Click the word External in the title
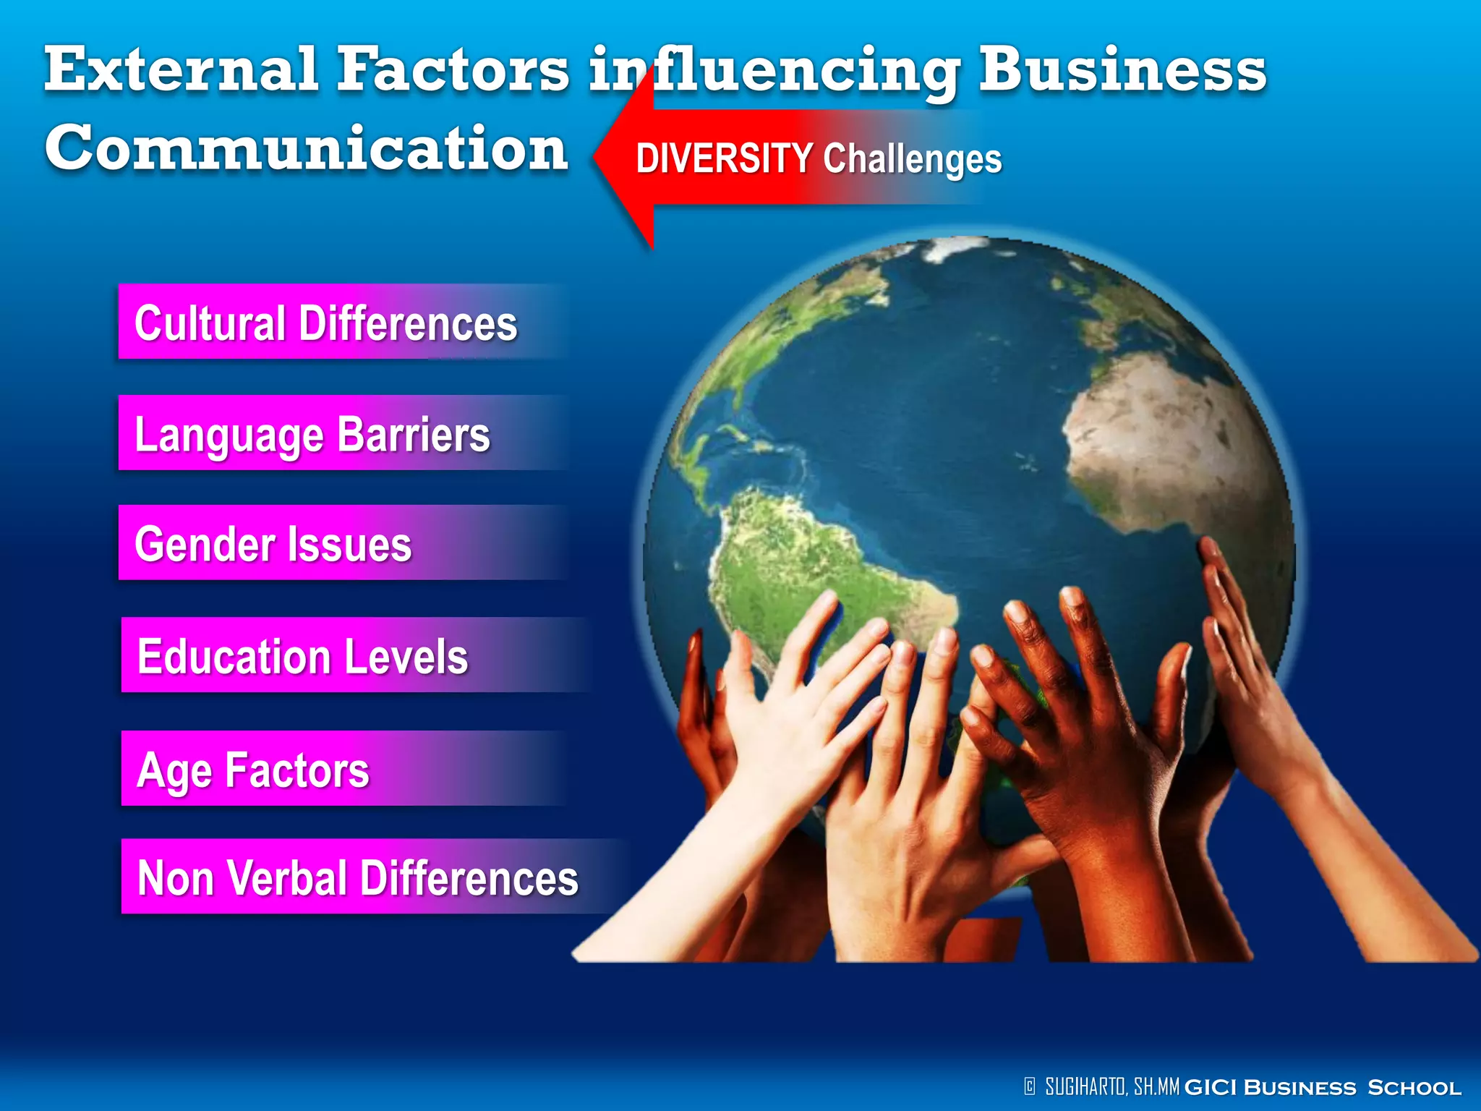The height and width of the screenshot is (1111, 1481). point(181,69)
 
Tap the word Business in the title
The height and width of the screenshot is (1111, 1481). point(1122,69)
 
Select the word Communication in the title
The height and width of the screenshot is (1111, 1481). point(306,148)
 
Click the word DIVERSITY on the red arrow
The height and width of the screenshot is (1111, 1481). point(724,158)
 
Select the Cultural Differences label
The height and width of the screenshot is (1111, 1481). point(326,323)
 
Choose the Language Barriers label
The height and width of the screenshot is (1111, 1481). point(312,434)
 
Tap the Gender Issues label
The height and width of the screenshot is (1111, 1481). point(273,544)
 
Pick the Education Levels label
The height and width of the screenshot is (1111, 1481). point(303,656)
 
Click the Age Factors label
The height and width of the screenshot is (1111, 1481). point(253,770)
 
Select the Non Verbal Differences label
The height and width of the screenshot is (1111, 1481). point(358,877)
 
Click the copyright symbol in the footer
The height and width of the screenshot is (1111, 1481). point(1030,1086)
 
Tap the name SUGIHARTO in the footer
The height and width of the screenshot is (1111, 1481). point(1085,1086)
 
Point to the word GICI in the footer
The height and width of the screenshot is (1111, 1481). point(1211,1087)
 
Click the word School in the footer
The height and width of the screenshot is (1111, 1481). point(1414,1087)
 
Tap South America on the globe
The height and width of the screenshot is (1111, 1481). point(810,564)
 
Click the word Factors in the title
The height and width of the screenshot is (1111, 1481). point(453,69)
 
